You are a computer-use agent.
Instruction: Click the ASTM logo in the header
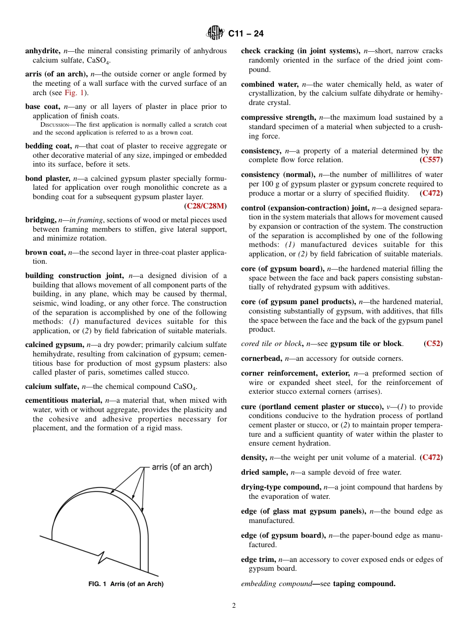[215, 33]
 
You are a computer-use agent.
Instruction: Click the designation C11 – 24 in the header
[246, 34]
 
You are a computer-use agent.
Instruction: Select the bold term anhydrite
[43, 51]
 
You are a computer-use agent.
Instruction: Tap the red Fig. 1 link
[74, 93]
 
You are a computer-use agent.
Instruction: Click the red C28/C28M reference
[205, 206]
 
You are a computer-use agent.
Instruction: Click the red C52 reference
[433, 344]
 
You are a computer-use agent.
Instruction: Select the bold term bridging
[40, 220]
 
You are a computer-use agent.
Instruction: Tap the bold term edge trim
[258, 559]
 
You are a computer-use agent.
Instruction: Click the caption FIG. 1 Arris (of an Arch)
[126, 584]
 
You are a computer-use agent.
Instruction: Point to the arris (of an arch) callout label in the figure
[182, 467]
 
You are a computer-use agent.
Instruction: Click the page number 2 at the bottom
[234, 606]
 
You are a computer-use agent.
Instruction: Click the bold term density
[254, 457]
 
